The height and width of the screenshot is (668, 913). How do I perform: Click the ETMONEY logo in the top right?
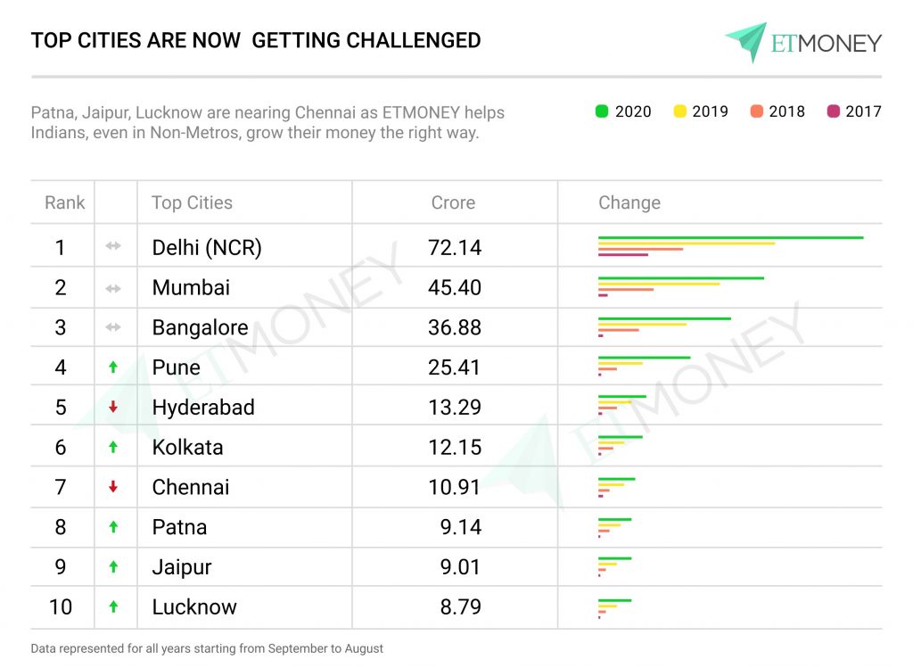[802, 42]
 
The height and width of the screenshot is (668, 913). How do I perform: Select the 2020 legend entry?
[623, 111]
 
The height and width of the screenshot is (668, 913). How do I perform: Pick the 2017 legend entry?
[853, 111]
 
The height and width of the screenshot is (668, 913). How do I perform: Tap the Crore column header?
[453, 202]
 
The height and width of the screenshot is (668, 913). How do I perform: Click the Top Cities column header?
[192, 202]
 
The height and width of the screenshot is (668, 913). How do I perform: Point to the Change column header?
[629, 202]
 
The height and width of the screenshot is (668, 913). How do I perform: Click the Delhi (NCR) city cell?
[207, 247]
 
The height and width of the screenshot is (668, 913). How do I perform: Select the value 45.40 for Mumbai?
[455, 287]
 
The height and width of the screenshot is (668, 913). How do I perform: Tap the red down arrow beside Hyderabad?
[113, 408]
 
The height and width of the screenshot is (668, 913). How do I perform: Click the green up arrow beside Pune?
[113, 367]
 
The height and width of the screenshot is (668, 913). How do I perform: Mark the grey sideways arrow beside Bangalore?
[113, 327]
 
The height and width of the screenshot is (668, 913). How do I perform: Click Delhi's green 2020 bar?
[730, 237]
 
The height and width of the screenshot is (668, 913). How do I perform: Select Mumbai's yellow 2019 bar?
[659, 284]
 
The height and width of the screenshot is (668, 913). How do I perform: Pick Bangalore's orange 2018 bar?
[619, 330]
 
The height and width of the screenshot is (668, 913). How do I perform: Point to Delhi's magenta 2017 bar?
[623, 255]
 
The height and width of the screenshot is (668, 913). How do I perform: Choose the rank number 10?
[61, 607]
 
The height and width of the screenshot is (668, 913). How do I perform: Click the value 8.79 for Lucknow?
[460, 607]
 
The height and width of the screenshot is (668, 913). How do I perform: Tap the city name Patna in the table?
[179, 527]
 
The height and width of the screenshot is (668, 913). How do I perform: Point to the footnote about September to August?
[207, 648]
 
